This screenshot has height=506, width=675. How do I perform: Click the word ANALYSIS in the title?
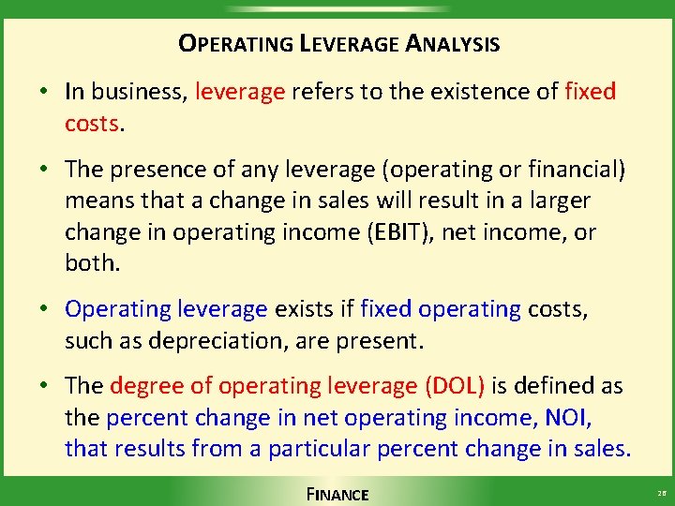(453, 44)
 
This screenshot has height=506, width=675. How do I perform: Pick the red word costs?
(92, 124)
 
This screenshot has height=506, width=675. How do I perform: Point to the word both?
(92, 262)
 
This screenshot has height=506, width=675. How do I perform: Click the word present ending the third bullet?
(385, 340)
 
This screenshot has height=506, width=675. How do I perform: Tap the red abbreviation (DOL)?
(455, 386)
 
